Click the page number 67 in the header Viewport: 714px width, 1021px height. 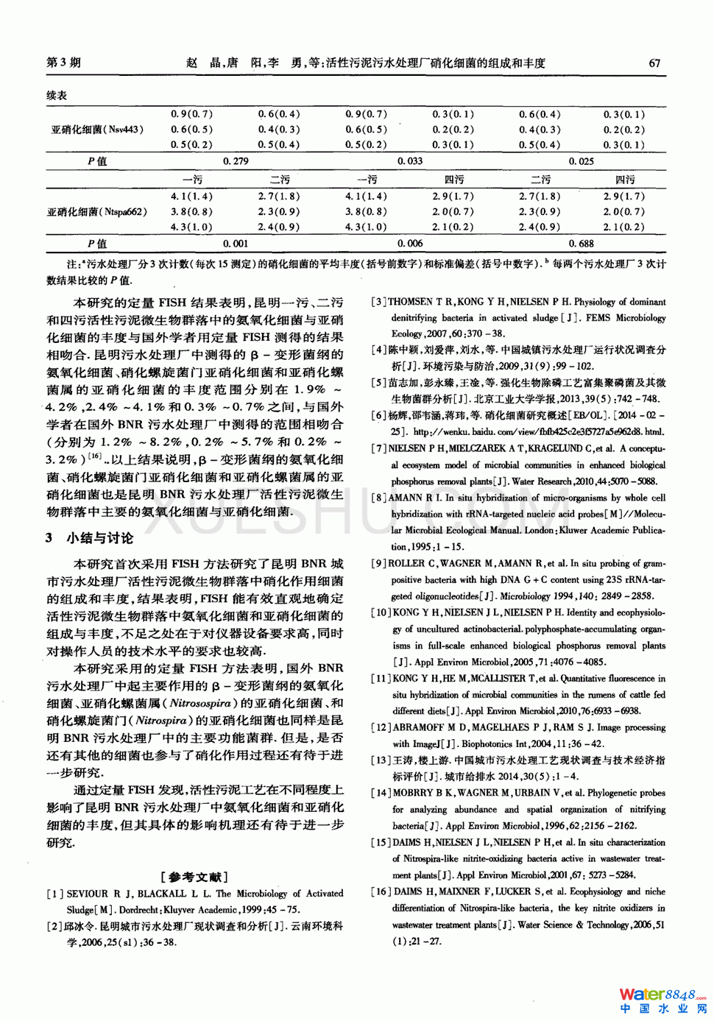654,63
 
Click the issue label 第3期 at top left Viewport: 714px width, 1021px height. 63,63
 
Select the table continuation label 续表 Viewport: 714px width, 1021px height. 57,96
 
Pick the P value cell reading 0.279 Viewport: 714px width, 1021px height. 236,161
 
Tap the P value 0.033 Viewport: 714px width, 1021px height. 410,161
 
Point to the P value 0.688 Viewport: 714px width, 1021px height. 581,244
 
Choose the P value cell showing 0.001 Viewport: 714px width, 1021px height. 236,244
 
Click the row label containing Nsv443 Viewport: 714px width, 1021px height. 97,130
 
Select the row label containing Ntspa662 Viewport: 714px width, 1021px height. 97,212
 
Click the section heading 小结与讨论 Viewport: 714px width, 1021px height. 100,538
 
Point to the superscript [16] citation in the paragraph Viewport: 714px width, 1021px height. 94,456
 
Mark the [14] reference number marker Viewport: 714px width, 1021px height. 381,793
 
